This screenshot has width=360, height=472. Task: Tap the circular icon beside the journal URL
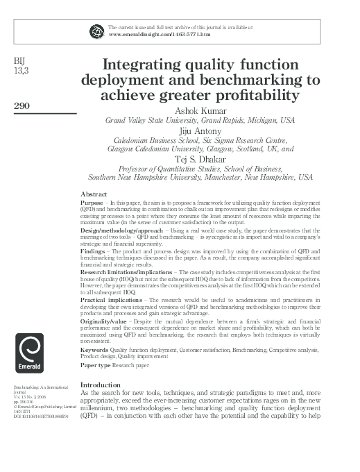point(97,30)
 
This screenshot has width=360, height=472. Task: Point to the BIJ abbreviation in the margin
point(20,60)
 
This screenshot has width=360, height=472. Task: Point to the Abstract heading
point(94,193)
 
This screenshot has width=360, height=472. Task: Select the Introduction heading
point(101,385)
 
